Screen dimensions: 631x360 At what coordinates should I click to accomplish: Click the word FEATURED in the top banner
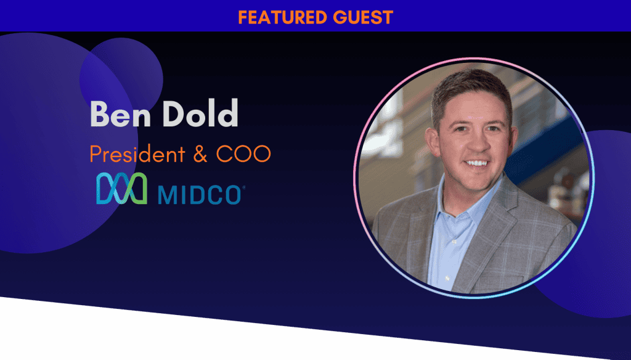[x=282, y=17]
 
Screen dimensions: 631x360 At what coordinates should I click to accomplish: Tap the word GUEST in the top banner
[x=363, y=17]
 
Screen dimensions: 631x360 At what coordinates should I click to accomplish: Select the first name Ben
[x=120, y=113]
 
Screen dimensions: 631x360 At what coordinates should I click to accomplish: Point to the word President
[x=137, y=153]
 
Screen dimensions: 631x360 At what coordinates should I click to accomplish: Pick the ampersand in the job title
[x=200, y=154]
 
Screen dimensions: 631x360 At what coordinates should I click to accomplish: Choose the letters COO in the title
[x=243, y=154]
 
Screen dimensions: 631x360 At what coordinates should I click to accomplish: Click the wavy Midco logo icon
[x=121, y=188]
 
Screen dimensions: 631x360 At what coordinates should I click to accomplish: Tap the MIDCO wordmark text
[x=200, y=195]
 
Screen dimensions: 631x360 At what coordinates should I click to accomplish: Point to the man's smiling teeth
[x=477, y=163]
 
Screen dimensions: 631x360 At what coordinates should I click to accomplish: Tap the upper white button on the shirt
[x=454, y=242]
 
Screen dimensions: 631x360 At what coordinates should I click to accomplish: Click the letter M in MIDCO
[x=167, y=195]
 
